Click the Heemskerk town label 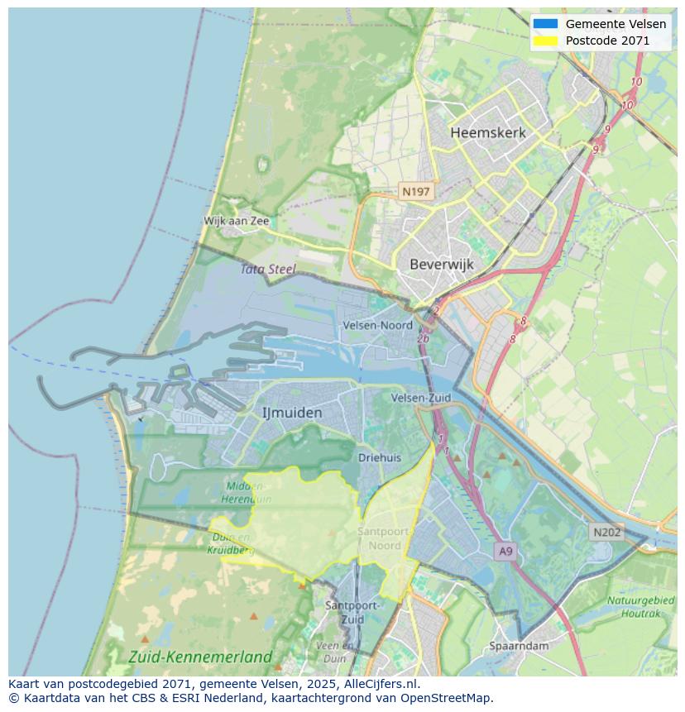487,132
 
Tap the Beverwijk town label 441,265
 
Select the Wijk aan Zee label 237,221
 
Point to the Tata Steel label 267,269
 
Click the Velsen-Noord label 377,325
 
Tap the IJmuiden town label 291,412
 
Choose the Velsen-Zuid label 421,398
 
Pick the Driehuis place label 380,457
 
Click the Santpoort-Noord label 380,538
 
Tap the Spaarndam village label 519,645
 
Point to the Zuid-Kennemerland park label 200,657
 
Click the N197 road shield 415,191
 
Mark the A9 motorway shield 505,550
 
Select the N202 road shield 606,532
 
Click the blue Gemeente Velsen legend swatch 545,24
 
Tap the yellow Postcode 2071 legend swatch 545,41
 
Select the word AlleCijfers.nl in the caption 379,684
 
